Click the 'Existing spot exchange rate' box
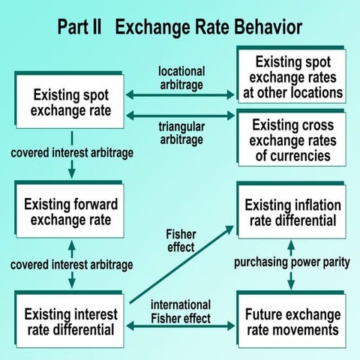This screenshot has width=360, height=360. [x=69, y=100]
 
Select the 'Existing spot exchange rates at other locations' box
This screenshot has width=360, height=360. [x=292, y=74]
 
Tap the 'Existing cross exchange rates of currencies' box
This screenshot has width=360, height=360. [x=292, y=138]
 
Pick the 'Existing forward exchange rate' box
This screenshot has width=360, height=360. [x=69, y=209]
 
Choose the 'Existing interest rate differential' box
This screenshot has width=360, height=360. [x=69, y=319]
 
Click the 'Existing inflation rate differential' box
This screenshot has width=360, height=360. [x=292, y=210]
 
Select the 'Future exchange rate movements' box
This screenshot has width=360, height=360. [x=292, y=319]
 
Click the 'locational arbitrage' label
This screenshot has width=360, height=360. [x=181, y=78]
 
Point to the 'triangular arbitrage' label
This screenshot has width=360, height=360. [x=181, y=133]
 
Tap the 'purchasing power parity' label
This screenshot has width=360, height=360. [x=292, y=262]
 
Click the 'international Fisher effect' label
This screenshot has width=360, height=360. [x=181, y=312]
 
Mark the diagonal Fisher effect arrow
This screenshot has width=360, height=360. [x=181, y=265]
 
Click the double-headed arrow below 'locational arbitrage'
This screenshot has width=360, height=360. [x=180, y=95]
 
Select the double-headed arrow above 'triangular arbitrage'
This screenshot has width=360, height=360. [x=180, y=115]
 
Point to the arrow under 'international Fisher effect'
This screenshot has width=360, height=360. [x=180, y=326]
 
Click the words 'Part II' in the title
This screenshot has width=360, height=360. [x=79, y=27]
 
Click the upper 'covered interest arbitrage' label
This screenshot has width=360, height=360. [x=72, y=153]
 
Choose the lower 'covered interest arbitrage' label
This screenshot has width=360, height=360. [x=72, y=265]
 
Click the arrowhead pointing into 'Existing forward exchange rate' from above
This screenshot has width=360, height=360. [x=72, y=174]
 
